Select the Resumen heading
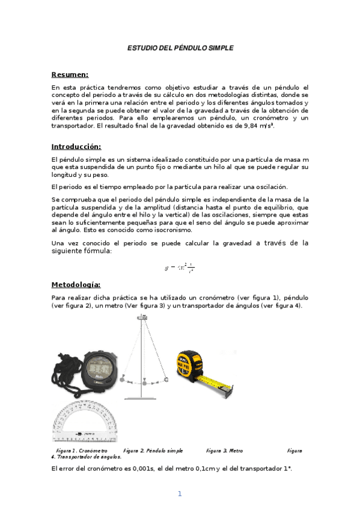pyautogui.click(x=70, y=75)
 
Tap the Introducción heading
pyautogui.click(x=76, y=146)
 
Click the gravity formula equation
pyautogui.click(x=180, y=268)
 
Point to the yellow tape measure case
pyautogui.click(x=192, y=364)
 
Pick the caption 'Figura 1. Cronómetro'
pyautogui.click(x=82, y=450)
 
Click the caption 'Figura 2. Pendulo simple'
pyautogui.click(x=153, y=450)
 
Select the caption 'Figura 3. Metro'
pyautogui.click(x=224, y=450)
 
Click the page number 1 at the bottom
pyautogui.click(x=179, y=494)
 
